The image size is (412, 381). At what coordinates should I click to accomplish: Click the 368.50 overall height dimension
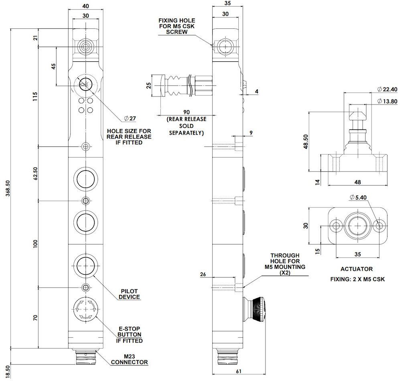tap(8, 188)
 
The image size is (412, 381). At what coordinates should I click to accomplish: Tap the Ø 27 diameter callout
tap(130, 118)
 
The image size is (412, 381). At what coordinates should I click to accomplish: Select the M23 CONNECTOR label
tap(129, 359)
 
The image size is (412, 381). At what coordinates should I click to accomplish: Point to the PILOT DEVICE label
tap(129, 294)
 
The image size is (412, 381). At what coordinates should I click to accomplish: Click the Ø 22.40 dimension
tap(387, 89)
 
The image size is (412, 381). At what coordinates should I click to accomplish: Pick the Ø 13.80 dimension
tap(387, 101)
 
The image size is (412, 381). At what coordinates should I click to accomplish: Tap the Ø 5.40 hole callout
tap(358, 198)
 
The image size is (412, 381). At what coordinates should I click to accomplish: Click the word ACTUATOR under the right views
tap(357, 269)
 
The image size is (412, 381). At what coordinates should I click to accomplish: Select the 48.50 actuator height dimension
tap(306, 142)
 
